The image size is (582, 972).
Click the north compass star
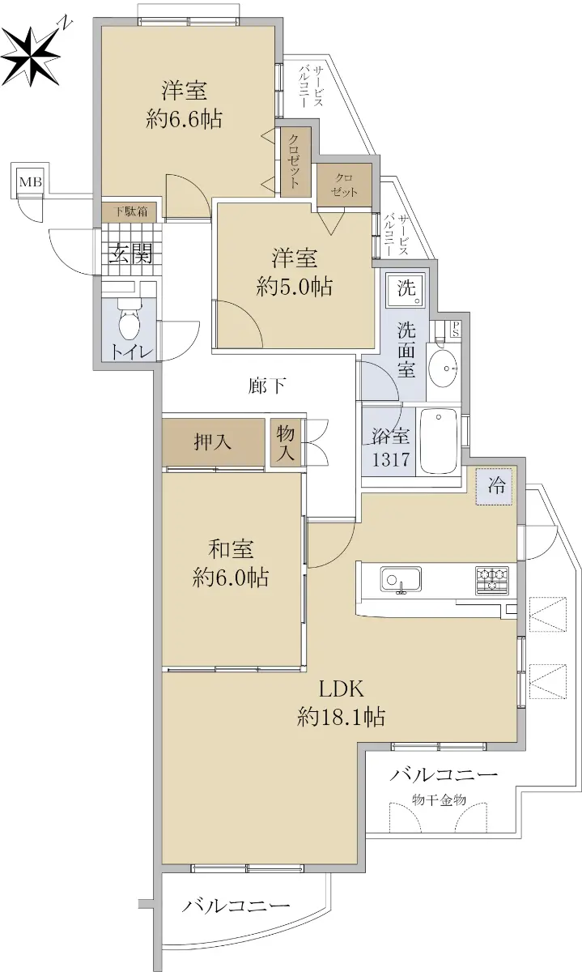pos(32,56)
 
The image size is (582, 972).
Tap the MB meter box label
pos(31,181)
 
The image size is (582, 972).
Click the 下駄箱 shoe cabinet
pos(130,211)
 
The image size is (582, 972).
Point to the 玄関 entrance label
pos(130,254)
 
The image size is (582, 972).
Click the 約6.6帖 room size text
pos(185,119)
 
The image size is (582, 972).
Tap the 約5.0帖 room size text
pos(295,287)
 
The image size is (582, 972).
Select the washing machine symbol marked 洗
pos(406,289)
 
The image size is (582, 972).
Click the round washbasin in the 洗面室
pos(444,369)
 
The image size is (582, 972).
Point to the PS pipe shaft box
pos(455,329)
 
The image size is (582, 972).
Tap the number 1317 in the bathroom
pos(391,459)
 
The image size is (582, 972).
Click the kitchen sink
pos(401,579)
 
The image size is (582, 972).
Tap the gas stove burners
pos(492,580)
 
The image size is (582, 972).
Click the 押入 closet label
pos(213,442)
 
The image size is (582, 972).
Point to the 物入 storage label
pos(286,443)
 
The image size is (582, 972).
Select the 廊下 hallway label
pos(267,386)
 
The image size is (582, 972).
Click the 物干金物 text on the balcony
pos(439,799)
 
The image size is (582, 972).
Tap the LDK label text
pos(342,688)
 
